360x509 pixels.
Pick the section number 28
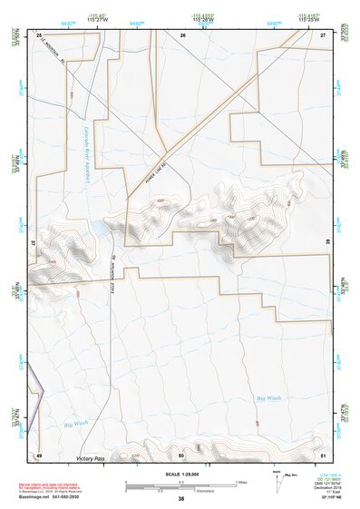(x=40, y=34)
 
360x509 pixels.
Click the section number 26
(x=182, y=34)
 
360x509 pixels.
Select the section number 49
(x=40, y=454)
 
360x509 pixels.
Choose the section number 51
(x=322, y=454)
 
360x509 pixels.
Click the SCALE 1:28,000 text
(x=180, y=475)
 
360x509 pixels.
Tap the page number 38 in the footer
(x=181, y=499)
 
